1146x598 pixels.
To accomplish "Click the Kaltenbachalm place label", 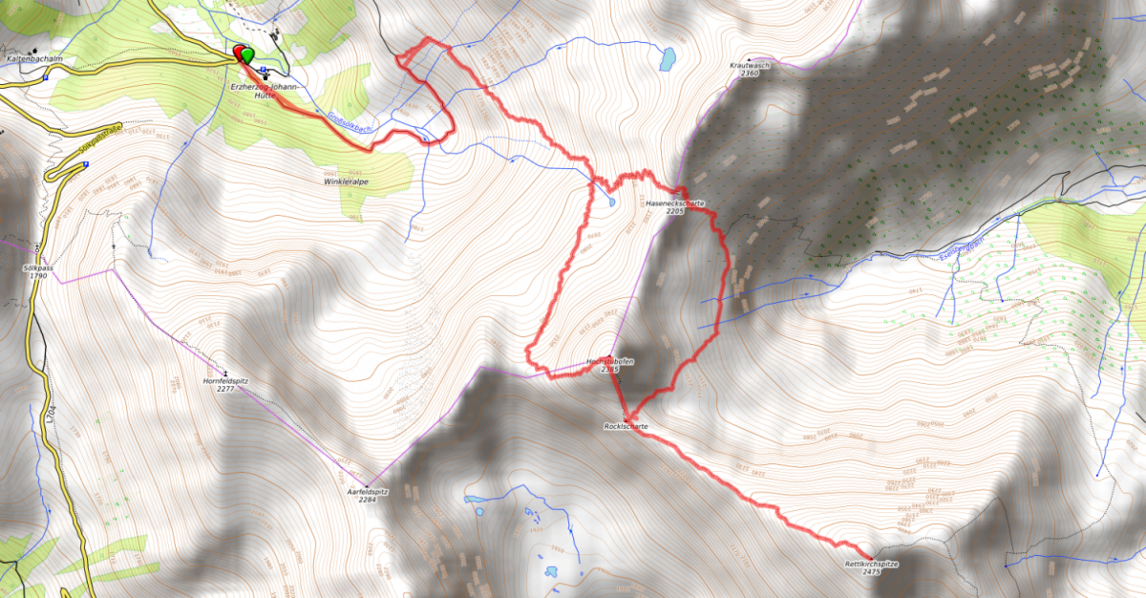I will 34,58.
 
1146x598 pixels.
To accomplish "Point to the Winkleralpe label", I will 346,180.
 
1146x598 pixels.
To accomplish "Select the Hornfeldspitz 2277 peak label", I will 226,385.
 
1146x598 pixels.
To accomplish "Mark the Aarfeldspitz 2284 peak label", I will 368,495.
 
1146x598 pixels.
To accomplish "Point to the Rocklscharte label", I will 626,425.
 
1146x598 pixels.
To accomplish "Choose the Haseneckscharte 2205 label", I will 676,206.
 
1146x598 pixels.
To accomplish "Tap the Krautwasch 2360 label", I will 750,69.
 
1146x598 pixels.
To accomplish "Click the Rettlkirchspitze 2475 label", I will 871,567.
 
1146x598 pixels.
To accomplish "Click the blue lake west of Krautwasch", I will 667,59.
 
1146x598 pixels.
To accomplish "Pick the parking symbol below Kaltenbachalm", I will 47,79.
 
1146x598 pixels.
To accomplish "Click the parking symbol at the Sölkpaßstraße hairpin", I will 87,164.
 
